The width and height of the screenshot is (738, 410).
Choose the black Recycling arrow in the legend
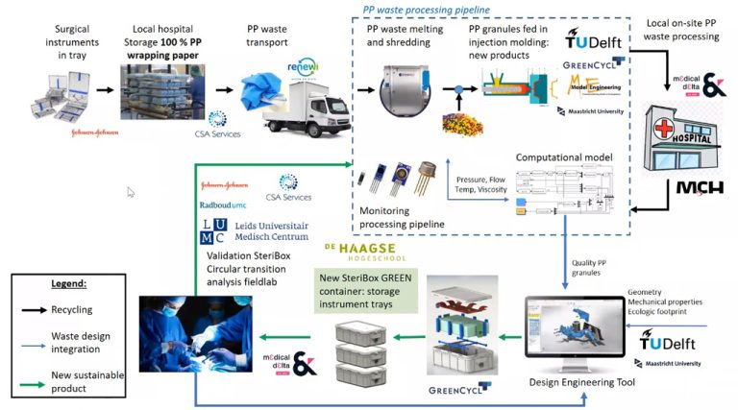33,309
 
